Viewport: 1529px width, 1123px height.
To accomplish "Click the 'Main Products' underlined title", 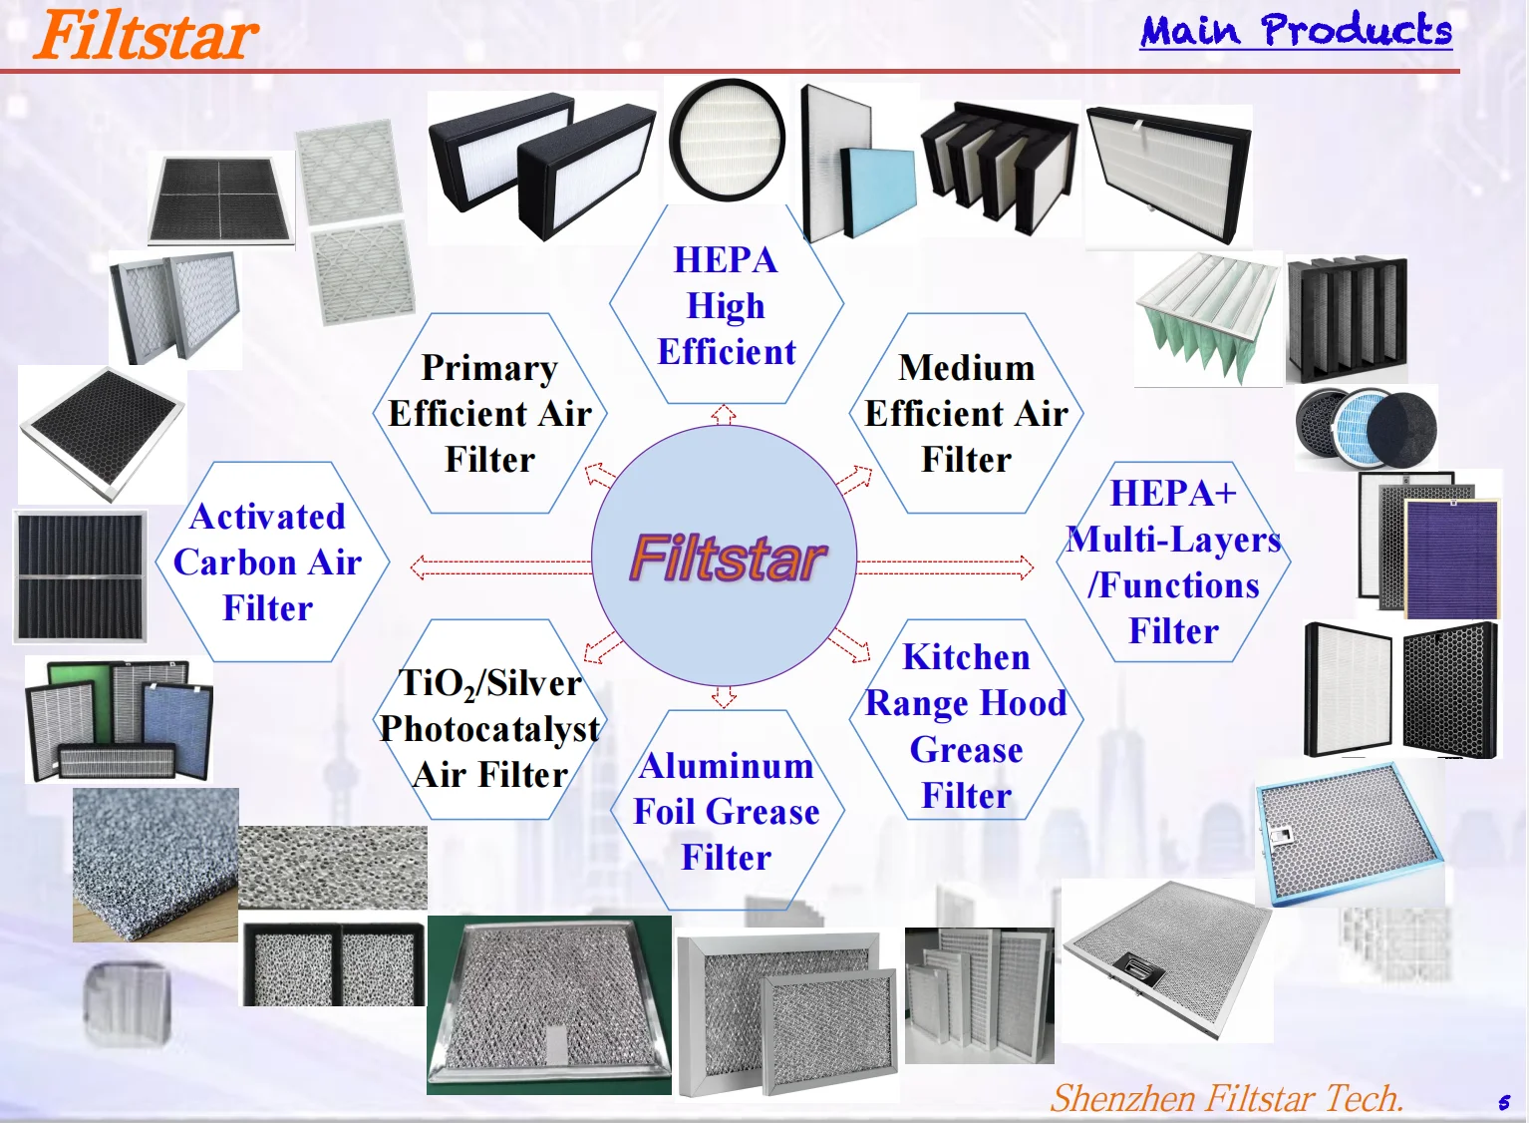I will click(1296, 31).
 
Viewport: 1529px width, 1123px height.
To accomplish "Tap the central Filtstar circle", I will click(725, 557).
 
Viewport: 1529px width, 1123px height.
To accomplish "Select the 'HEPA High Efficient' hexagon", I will click(726, 305).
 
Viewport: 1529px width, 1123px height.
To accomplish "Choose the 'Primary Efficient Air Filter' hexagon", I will click(489, 413).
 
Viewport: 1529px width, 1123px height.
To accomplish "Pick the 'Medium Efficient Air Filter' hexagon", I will click(966, 413).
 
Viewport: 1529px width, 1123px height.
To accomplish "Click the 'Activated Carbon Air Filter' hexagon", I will click(268, 561).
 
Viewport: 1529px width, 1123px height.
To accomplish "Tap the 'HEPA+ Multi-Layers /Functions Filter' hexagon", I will click(1173, 561).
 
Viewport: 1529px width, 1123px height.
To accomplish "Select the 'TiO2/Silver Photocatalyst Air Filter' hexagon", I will click(489, 728).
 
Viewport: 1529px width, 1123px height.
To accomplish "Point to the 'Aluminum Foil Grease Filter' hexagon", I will click(726, 811).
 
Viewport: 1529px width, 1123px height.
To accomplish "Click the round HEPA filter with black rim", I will click(727, 140).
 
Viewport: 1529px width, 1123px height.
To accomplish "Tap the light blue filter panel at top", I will click(878, 191).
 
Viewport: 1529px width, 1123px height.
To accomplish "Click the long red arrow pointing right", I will click(945, 567).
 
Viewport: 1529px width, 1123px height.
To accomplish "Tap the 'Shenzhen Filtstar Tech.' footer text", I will click(1226, 1098).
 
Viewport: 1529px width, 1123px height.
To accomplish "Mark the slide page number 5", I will click(1503, 1103).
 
